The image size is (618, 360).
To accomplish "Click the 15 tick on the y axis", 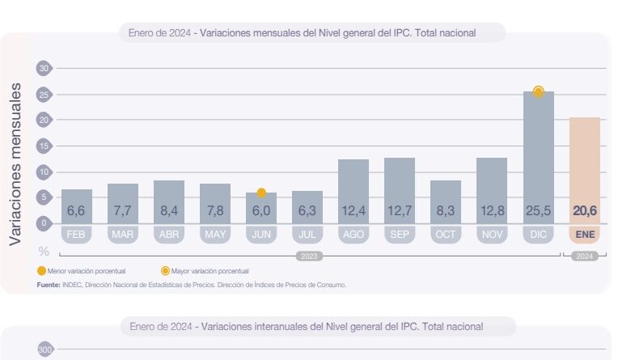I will click(x=44, y=146).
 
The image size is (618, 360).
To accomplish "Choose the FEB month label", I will click(x=77, y=235).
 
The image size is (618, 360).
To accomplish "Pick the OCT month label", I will click(x=446, y=235).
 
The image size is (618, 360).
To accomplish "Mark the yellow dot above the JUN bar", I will click(x=261, y=193).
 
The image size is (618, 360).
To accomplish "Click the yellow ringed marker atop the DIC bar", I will click(x=538, y=91).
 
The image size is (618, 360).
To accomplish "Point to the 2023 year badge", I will click(x=308, y=256).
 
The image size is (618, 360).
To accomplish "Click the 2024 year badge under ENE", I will click(x=584, y=256).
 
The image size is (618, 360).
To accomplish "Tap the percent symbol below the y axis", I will click(x=44, y=251).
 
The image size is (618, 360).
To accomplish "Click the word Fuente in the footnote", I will click(x=49, y=285).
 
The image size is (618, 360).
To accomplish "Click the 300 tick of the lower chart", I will click(x=44, y=349).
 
